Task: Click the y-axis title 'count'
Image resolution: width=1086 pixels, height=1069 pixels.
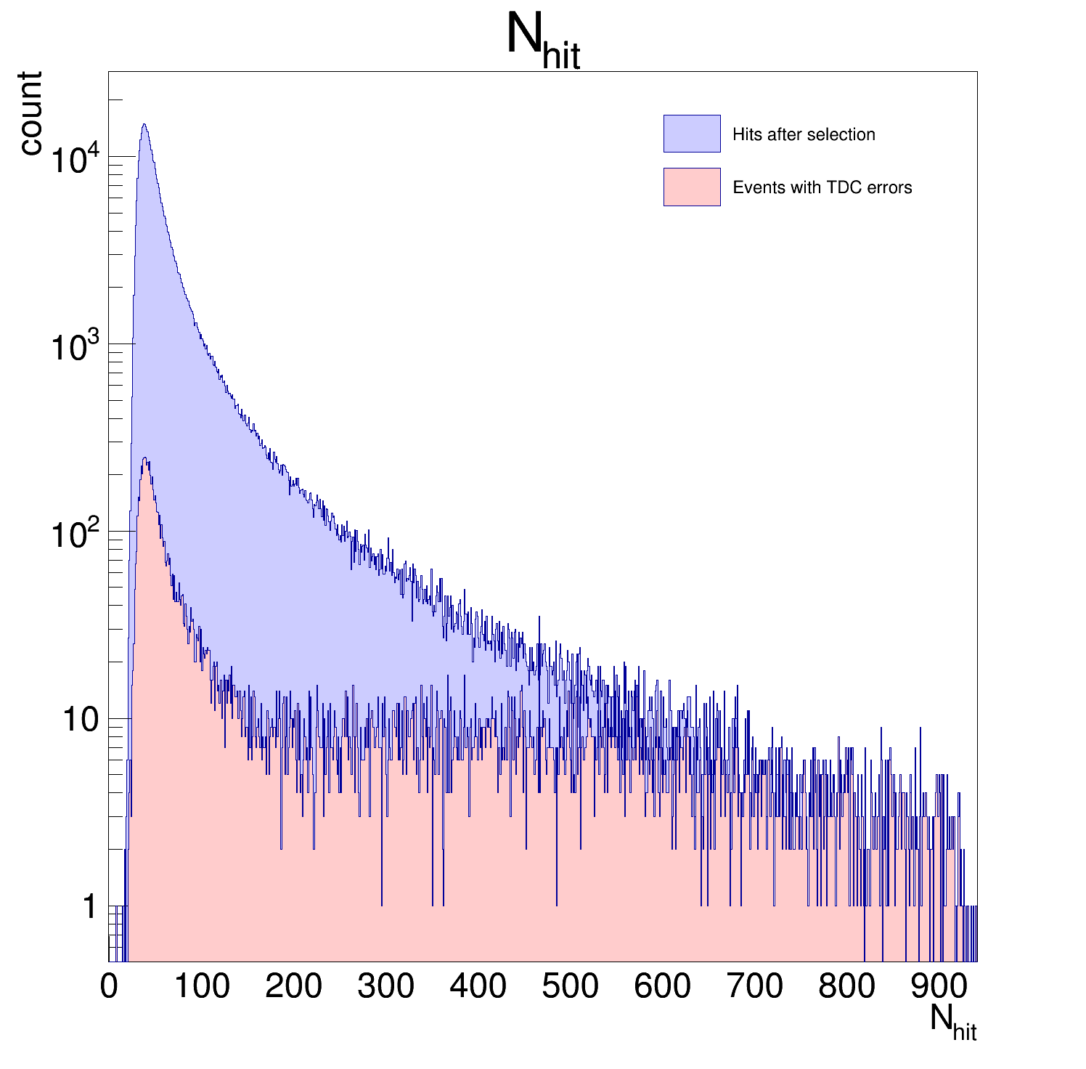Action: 30,113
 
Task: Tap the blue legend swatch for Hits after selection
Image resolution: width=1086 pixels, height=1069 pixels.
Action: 691,134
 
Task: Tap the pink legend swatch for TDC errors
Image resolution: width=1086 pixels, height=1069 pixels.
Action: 691,187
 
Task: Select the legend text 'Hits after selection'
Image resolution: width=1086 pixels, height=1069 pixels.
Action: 804,134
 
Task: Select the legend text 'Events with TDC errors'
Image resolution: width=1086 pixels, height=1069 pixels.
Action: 822,187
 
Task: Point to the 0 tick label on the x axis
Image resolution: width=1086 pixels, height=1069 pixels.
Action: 109,986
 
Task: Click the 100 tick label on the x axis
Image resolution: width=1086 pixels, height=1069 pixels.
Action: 202,986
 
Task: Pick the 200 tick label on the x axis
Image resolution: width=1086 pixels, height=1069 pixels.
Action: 294,986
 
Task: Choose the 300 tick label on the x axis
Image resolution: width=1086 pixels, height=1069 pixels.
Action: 386,986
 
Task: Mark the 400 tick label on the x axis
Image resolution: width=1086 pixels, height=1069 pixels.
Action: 478,986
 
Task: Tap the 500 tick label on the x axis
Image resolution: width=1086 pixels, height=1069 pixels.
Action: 571,986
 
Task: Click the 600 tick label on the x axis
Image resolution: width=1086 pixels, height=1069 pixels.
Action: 663,986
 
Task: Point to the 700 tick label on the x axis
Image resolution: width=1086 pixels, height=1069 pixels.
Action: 755,986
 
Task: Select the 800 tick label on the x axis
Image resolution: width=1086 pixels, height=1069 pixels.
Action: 847,986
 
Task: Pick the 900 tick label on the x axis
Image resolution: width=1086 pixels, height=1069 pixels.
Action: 939,986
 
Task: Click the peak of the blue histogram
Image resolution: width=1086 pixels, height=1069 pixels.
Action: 144,125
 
